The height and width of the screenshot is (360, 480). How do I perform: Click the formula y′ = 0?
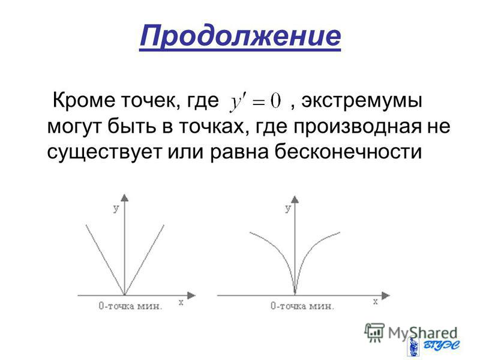[x=256, y=103]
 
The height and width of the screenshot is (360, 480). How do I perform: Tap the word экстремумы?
[x=362, y=101]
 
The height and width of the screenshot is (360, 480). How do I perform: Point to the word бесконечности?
[x=348, y=152]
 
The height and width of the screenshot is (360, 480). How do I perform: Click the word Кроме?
[x=83, y=100]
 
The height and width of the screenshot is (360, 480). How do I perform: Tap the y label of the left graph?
[x=116, y=209]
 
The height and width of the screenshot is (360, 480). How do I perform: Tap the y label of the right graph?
[x=288, y=209]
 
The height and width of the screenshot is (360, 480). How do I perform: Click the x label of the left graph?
[x=181, y=302]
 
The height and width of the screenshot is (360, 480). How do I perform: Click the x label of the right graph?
[x=376, y=302]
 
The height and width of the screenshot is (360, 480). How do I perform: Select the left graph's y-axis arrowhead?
[x=125, y=197]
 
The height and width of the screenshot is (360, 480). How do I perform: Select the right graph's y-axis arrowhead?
[x=295, y=199]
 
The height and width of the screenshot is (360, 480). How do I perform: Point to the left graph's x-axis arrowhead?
[x=191, y=295]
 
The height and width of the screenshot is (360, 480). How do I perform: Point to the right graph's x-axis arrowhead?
[x=386, y=295]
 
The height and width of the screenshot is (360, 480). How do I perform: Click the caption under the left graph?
[x=130, y=306]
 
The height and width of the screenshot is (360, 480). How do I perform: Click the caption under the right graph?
[x=302, y=306]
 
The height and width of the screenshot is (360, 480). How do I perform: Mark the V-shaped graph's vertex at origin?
[x=125, y=295]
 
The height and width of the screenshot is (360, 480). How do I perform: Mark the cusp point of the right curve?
[x=295, y=294]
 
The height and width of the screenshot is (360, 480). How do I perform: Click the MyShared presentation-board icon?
[x=374, y=332]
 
